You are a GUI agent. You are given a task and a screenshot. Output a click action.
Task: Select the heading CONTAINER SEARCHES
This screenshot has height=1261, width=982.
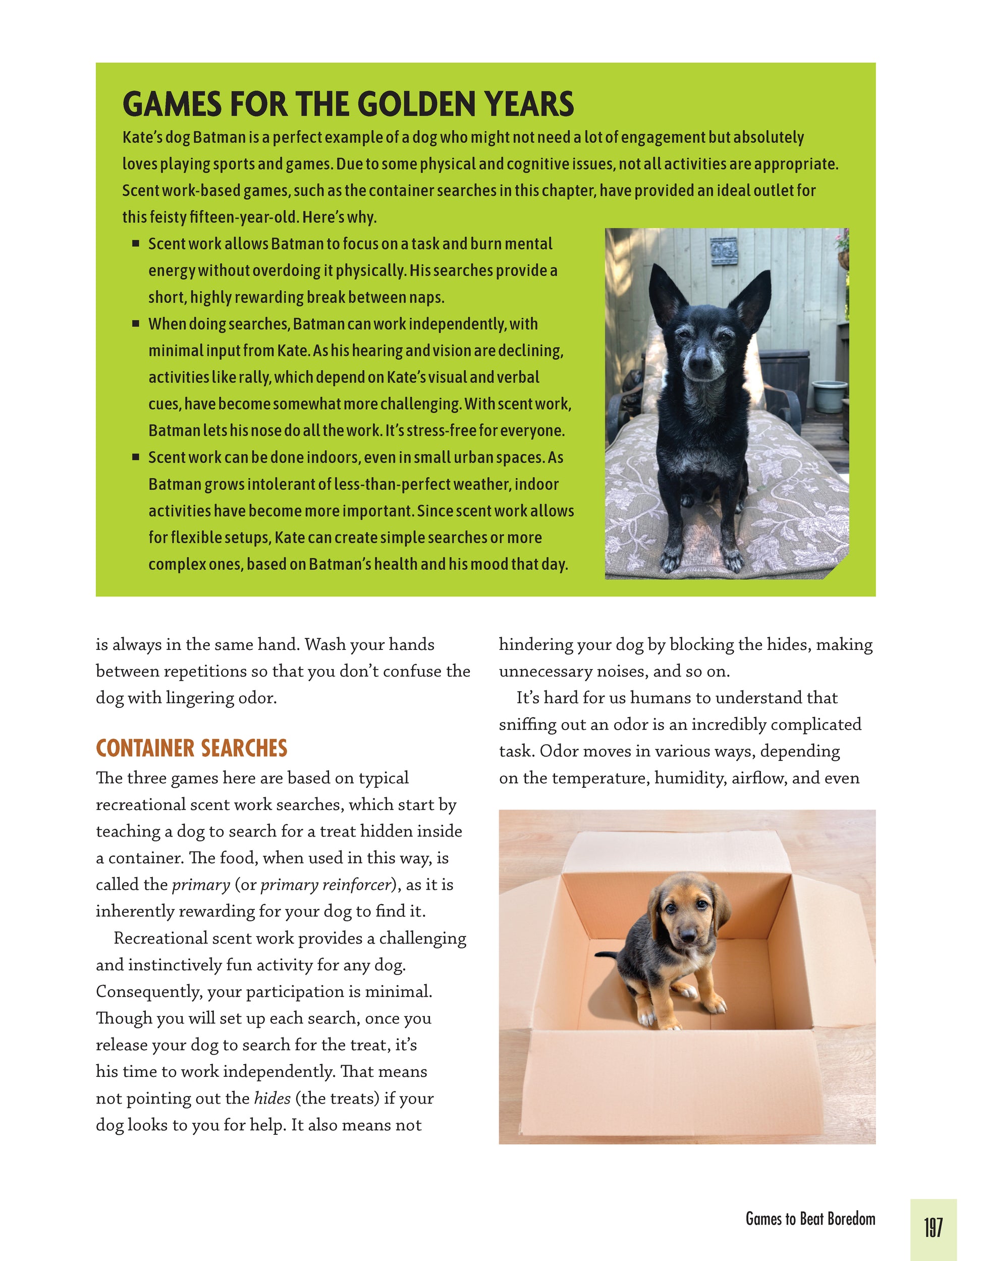(x=191, y=748)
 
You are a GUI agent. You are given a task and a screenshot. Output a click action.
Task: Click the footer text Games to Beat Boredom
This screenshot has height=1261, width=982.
(x=810, y=1219)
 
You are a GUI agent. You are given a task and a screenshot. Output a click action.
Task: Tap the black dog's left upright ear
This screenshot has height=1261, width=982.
(x=663, y=290)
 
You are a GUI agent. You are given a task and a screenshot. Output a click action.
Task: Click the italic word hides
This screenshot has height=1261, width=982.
(x=272, y=1098)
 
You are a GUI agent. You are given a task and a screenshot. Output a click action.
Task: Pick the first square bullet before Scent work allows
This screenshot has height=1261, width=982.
(x=136, y=244)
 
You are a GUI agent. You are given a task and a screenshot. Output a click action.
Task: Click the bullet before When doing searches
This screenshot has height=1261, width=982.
(x=136, y=324)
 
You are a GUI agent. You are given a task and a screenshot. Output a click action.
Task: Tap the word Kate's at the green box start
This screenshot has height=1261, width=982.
(x=142, y=137)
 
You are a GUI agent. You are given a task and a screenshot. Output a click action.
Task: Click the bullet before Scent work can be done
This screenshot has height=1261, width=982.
(x=136, y=457)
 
